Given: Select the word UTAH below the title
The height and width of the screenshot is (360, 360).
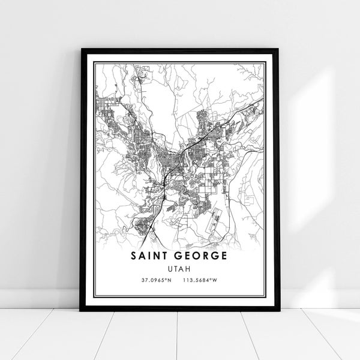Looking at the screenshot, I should coord(179,268).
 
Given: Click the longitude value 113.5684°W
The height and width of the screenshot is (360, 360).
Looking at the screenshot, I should coord(205,280).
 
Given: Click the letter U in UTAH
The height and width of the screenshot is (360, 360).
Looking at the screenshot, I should coord(170,268).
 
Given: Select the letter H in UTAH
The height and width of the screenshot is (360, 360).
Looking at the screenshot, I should coord(188,268).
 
